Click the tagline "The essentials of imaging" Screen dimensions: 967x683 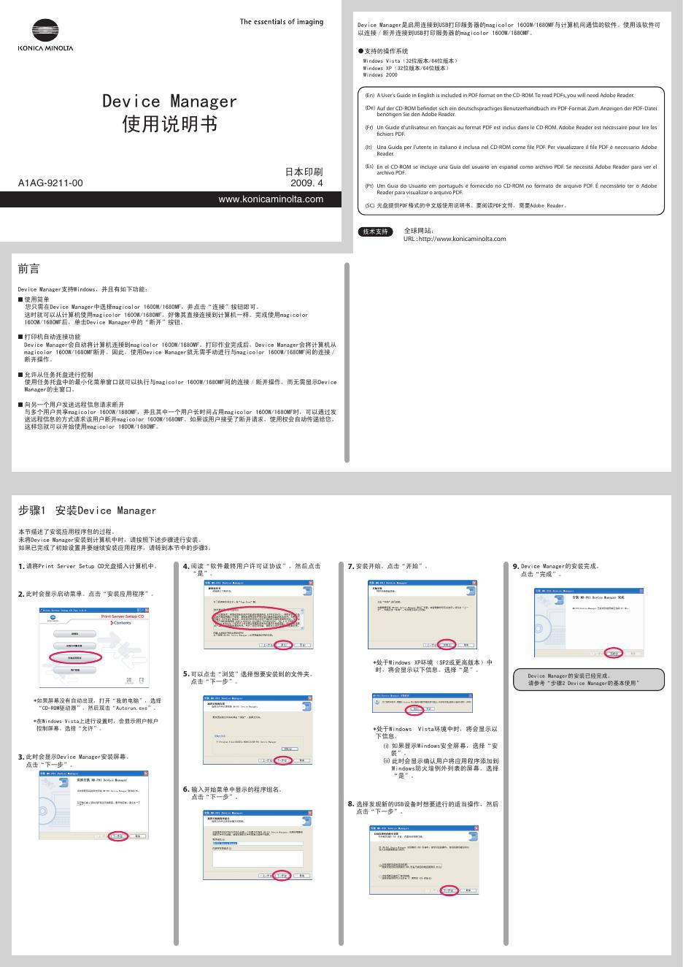point(282,22)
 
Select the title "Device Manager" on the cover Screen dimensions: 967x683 point(169,102)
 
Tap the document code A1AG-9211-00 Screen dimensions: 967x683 point(50,183)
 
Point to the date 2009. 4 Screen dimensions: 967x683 point(306,183)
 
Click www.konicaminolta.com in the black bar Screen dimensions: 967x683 point(271,199)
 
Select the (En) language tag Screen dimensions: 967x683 point(369,95)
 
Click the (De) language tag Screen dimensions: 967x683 point(369,108)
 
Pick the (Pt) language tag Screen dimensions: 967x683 point(369,186)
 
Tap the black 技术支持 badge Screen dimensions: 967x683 point(377,232)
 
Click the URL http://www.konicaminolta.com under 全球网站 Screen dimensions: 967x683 point(454,239)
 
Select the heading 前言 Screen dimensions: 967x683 point(28,270)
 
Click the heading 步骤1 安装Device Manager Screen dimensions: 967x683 point(87,511)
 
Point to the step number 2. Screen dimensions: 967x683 point(21,595)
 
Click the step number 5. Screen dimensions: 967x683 point(186,674)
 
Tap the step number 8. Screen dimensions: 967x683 point(351,803)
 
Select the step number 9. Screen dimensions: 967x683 point(516,566)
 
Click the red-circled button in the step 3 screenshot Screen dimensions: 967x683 point(117,836)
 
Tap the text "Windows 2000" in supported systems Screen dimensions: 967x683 point(380,75)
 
